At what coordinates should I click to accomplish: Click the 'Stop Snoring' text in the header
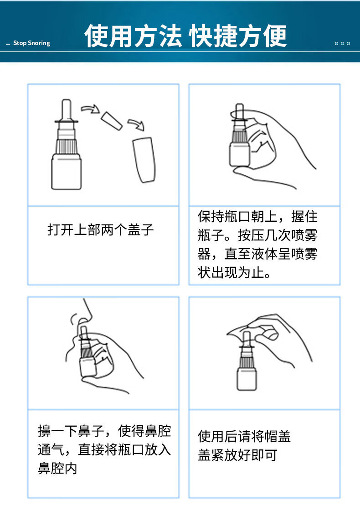tap(31, 43)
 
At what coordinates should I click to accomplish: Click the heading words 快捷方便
tap(238, 36)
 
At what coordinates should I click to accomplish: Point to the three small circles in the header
tap(342, 44)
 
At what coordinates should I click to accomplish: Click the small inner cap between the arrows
tap(112, 121)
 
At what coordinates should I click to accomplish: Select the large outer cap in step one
tap(144, 159)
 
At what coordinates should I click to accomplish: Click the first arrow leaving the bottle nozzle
tap(90, 108)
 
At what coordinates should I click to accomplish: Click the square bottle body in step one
tap(67, 172)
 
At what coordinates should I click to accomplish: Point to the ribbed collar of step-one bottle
tap(67, 146)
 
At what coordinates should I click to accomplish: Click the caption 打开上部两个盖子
tap(101, 229)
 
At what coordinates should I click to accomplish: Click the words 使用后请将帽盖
tap(244, 436)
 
